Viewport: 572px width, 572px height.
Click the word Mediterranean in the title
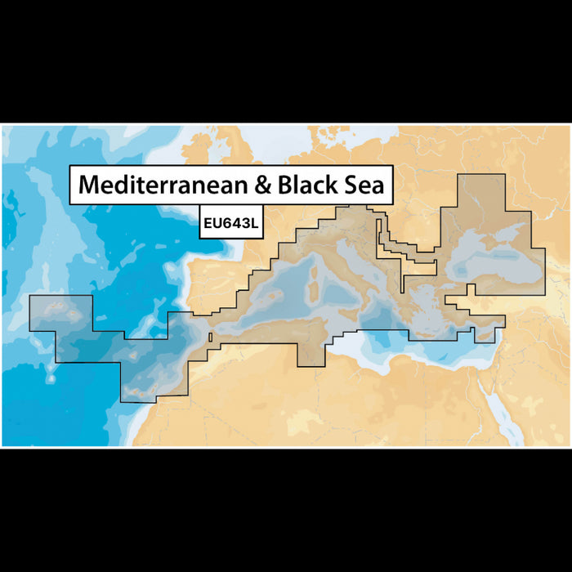point(163,185)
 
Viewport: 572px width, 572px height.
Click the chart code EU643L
point(230,221)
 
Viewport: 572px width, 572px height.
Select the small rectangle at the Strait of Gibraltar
point(211,337)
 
